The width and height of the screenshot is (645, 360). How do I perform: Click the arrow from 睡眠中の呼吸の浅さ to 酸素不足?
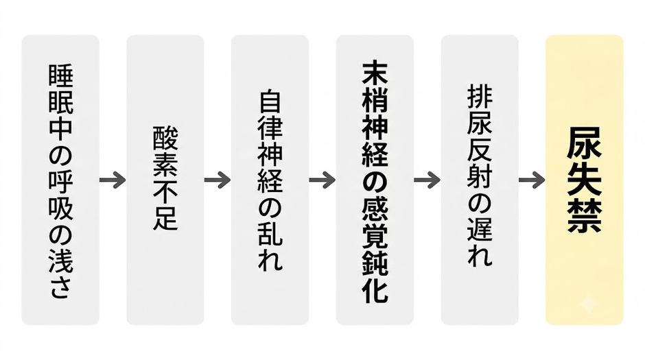click(x=113, y=180)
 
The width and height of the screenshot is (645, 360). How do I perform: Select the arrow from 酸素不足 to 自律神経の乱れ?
click(x=218, y=180)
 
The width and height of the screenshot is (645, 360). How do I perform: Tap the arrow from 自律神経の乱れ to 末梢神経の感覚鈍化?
click(x=322, y=180)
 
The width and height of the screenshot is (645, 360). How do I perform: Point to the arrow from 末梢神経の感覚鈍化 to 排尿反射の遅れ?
click(x=427, y=180)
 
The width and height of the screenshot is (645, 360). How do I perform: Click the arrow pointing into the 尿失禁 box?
click(x=532, y=180)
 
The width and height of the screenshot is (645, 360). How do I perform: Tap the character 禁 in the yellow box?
click(x=584, y=216)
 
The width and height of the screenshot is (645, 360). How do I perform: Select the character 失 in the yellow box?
click(x=584, y=180)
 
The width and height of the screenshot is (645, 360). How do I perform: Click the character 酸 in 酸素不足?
click(x=165, y=138)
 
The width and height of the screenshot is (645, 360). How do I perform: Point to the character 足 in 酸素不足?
click(x=165, y=218)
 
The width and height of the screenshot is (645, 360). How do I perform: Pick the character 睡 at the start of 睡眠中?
click(x=61, y=75)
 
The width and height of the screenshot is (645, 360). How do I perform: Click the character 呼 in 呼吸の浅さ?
click(x=61, y=182)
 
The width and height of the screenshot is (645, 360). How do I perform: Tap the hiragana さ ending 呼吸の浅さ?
click(x=61, y=287)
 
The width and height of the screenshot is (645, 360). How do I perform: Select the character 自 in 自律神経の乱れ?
click(x=270, y=102)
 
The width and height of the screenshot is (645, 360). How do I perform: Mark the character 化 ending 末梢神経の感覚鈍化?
click(x=375, y=289)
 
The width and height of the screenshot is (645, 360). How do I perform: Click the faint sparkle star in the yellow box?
click(x=588, y=304)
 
